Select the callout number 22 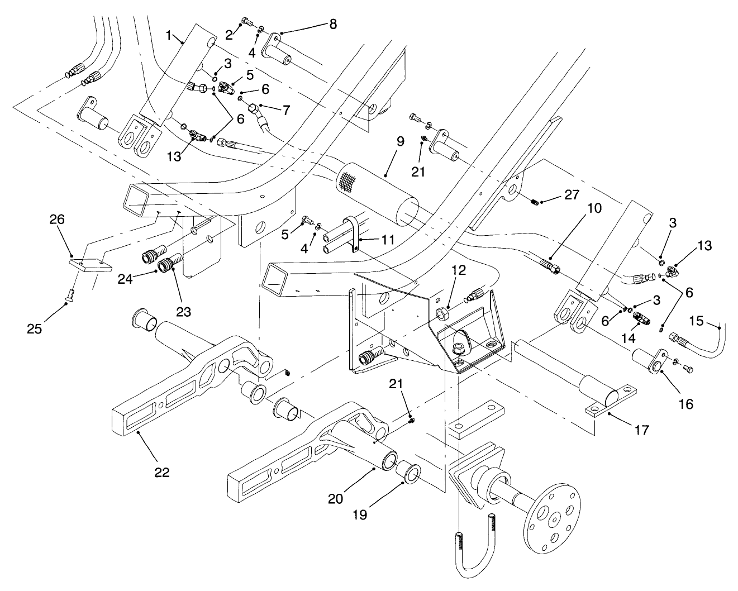coord(161,472)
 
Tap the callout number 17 coord(642,431)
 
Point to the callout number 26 coord(58,220)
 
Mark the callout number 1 coord(169,35)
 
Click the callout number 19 coord(360,514)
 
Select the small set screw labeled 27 coord(535,202)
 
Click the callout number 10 coord(594,208)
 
